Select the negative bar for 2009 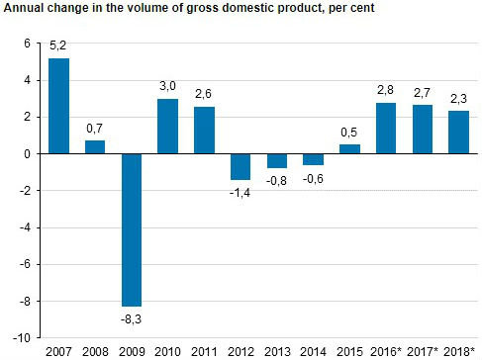pyautogui.click(x=132, y=229)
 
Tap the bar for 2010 pyautogui.click(x=168, y=127)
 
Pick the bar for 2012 pyautogui.click(x=241, y=166)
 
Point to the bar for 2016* pyautogui.click(x=385, y=129)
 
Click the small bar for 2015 pyautogui.click(x=349, y=149)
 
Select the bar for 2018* pyautogui.click(x=458, y=133)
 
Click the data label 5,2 pyautogui.click(x=59, y=47)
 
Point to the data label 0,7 pyautogui.click(x=95, y=130)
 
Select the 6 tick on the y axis pyautogui.click(x=28, y=45)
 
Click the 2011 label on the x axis pyautogui.click(x=204, y=351)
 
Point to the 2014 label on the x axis pyautogui.click(x=313, y=351)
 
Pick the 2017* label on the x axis pyautogui.click(x=423, y=351)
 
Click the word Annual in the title pyautogui.click(x=25, y=10)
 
